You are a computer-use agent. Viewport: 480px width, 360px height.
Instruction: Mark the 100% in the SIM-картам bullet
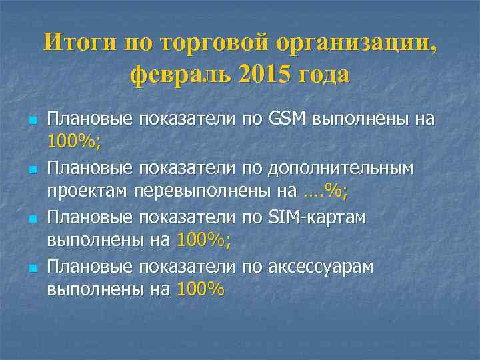[203, 241]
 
